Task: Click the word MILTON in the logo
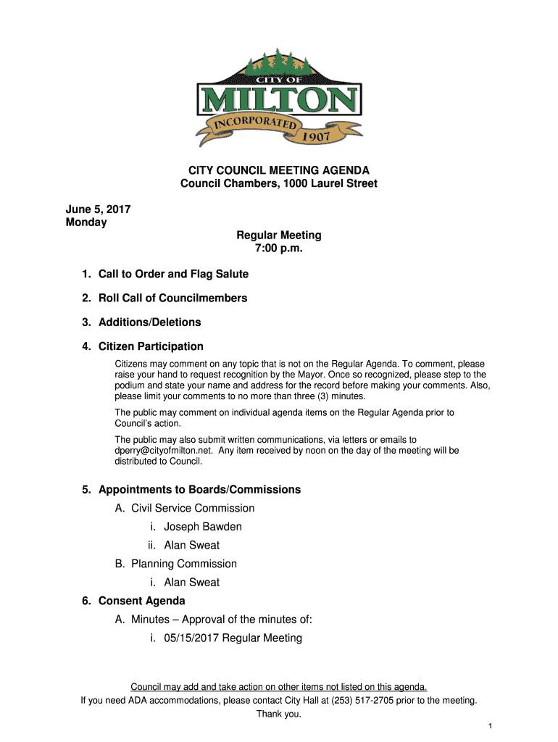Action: [279, 100]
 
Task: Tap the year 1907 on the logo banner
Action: [316, 135]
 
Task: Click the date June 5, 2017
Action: [98, 209]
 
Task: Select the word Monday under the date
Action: [86, 222]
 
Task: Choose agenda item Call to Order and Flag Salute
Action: [173, 274]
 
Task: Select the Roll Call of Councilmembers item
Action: [172, 298]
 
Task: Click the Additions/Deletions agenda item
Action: [149, 322]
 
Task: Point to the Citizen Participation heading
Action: [151, 346]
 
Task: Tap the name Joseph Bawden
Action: [203, 527]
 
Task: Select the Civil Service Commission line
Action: [193, 508]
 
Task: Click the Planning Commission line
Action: [184, 564]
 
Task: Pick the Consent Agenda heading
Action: [141, 601]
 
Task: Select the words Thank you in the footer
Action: [279, 714]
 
